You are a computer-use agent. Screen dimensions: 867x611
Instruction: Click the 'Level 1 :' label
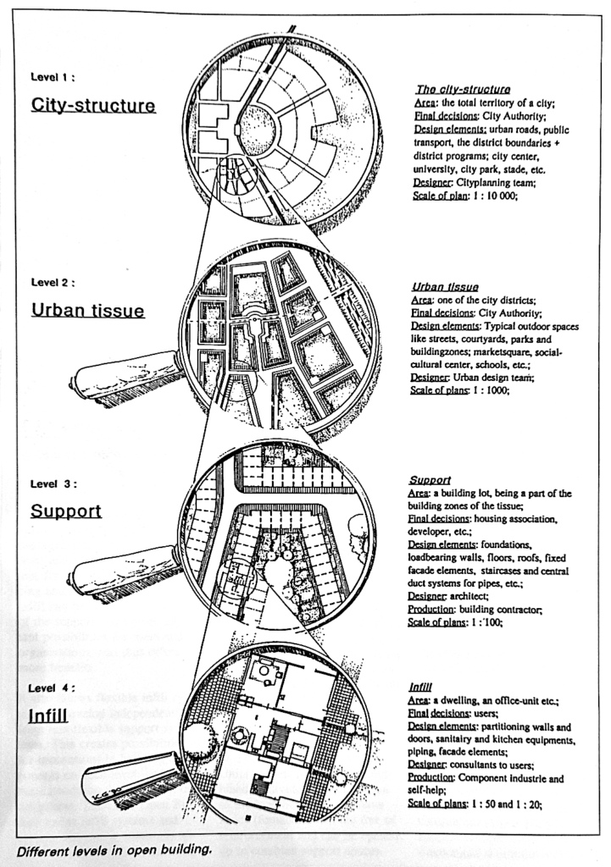(53, 77)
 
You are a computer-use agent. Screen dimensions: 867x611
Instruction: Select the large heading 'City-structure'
(93, 106)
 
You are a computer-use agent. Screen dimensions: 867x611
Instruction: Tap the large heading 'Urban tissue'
(87, 311)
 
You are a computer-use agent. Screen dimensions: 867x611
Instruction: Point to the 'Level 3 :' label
(53, 484)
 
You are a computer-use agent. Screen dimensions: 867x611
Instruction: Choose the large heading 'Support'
(65, 511)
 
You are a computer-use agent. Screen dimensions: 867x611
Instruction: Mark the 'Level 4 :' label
(53, 688)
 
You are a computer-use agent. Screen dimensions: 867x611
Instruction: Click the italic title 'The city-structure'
(463, 89)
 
